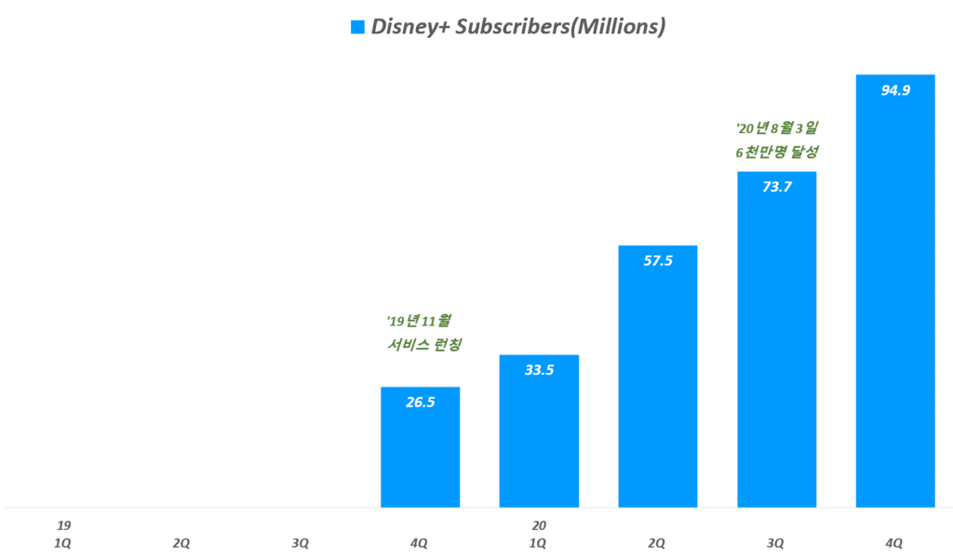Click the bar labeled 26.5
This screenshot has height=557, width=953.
coord(420,447)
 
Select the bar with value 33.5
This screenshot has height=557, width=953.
coord(539,431)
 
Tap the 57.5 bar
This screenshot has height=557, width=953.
coord(657,377)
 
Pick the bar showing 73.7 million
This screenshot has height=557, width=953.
coord(776,339)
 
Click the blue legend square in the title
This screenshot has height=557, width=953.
coord(357,27)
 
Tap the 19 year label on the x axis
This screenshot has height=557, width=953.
coord(63,525)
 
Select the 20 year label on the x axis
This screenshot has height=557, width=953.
coord(539,525)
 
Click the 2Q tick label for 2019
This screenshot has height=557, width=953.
coord(182,543)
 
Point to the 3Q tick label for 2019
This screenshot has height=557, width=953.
coord(301,543)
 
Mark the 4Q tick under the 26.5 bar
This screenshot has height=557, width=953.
coord(420,543)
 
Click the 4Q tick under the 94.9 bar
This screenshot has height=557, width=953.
coord(894,543)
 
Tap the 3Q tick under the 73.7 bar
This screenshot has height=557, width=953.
coord(776,543)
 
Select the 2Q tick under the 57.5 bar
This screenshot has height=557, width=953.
coord(657,543)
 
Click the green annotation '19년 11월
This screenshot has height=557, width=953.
coord(419,322)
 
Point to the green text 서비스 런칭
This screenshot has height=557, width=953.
coord(424,345)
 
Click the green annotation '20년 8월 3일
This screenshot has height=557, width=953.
coord(776,127)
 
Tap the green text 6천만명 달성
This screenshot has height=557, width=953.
coord(776,151)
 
